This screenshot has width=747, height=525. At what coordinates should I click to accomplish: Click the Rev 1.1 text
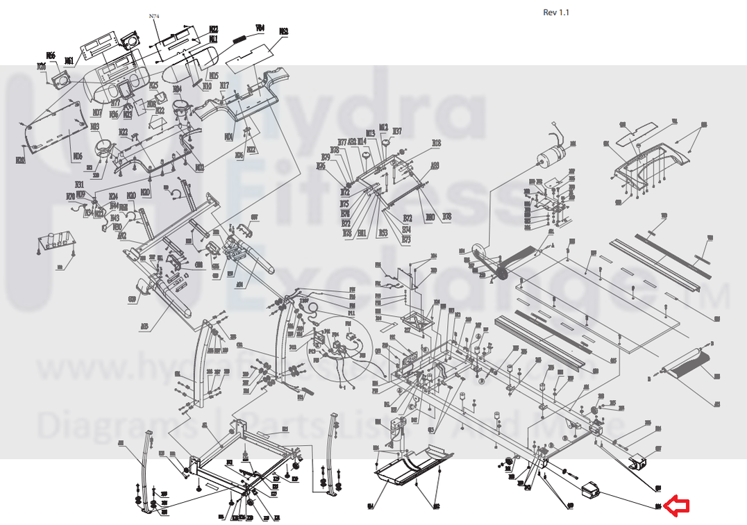tap(557, 12)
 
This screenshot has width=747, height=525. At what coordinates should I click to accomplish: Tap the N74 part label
tap(154, 15)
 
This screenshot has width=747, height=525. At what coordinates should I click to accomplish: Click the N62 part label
tap(283, 31)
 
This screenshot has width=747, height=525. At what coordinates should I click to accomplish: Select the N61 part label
tap(69, 60)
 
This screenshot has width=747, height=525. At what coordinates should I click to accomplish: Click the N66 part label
tap(51, 55)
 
